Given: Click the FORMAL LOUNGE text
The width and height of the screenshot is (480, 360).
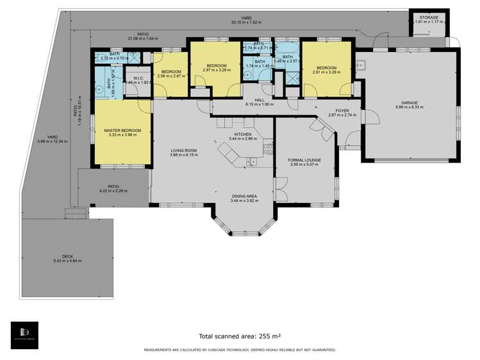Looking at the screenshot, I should point(304,160).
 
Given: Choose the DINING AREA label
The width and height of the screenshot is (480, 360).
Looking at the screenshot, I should point(243,196).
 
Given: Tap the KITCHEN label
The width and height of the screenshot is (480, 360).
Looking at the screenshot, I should point(242,134).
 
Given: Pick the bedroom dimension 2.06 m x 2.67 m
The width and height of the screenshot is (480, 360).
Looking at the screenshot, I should point(171,76).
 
